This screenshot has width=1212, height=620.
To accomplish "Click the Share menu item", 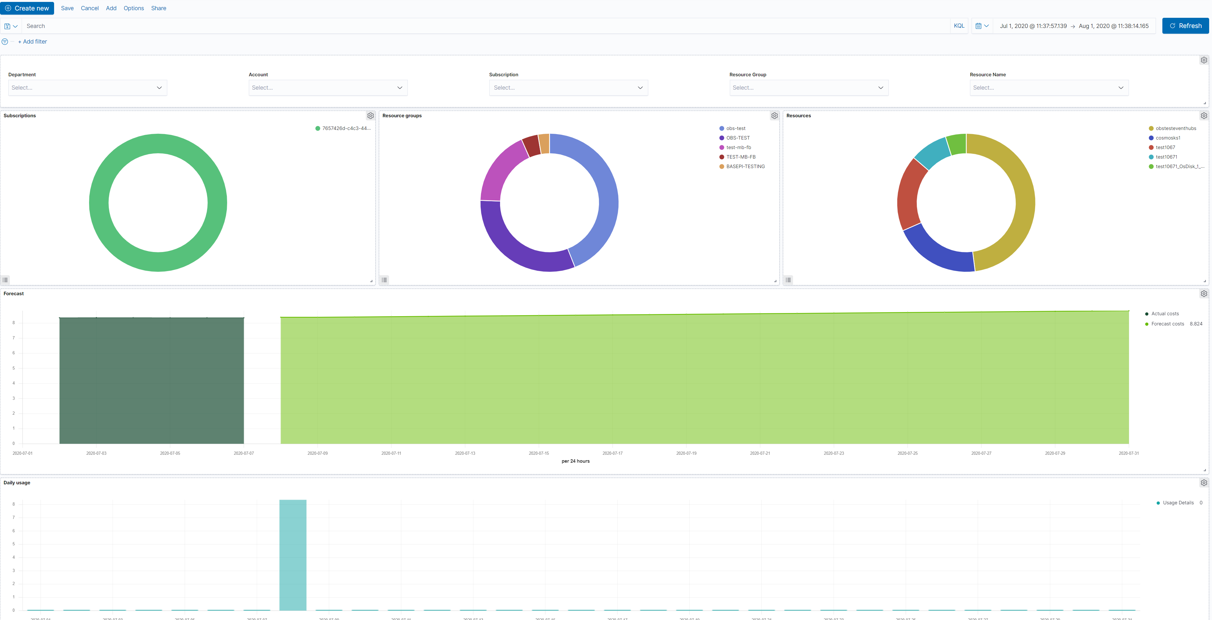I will coord(158,8).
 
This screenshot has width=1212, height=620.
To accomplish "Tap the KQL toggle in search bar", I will coord(958,26).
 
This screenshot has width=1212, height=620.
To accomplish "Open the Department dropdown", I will coord(87,87).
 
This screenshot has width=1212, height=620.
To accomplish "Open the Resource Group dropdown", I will coord(808,87).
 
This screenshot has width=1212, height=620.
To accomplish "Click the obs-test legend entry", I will coord(735,128).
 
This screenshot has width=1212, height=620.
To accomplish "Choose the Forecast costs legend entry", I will coord(1167,324).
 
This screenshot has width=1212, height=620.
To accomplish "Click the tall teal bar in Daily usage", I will coord(293,555).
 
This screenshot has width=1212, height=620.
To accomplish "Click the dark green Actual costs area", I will coord(151,381).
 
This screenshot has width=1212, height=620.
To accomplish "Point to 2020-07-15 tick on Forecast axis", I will coord(539,453).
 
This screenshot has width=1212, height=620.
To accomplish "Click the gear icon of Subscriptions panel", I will coord(370,116).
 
